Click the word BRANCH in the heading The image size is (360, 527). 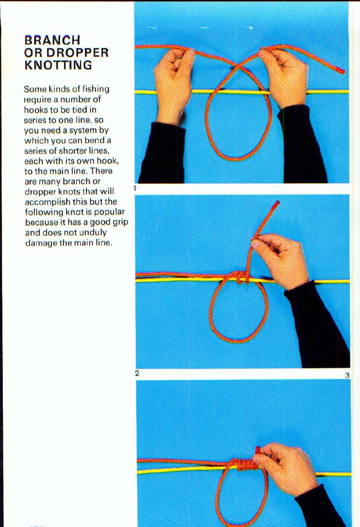click(x=52, y=40)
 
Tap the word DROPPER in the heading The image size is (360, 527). click(x=77, y=53)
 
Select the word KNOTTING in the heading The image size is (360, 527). click(x=58, y=65)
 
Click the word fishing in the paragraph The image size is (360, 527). click(x=94, y=89)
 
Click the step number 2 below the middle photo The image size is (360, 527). click(x=137, y=373)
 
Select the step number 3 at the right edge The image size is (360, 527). click(x=347, y=375)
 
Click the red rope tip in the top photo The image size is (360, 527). click(x=341, y=71)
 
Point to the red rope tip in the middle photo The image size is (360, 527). click(x=277, y=204)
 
